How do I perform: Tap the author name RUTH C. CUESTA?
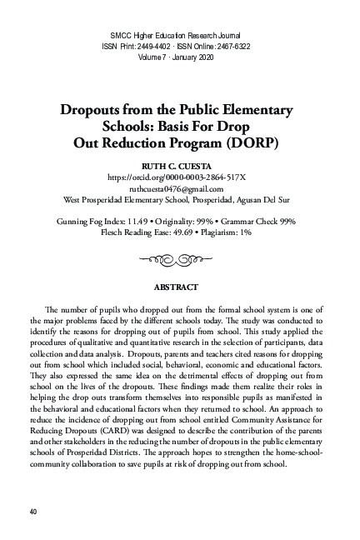179,167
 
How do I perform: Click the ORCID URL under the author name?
179,178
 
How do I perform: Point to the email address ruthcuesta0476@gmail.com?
179,189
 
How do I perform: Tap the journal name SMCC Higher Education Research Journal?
179,34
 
